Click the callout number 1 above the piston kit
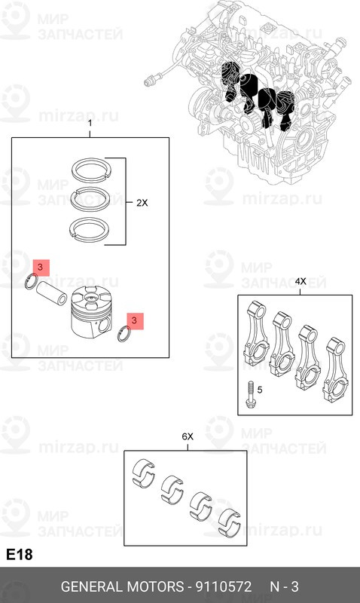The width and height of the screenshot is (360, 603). point(90,123)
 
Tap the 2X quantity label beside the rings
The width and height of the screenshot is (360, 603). point(143,203)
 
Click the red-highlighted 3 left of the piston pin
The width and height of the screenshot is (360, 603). point(40,268)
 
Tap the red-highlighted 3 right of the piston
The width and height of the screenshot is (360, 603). point(135,321)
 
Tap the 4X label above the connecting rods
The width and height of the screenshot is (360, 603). point(301,281)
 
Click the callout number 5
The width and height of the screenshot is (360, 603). point(261,390)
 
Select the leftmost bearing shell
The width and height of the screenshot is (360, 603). point(142,470)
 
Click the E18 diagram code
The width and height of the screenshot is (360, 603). point(19,555)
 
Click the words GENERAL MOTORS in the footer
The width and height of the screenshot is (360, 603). point(121,586)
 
